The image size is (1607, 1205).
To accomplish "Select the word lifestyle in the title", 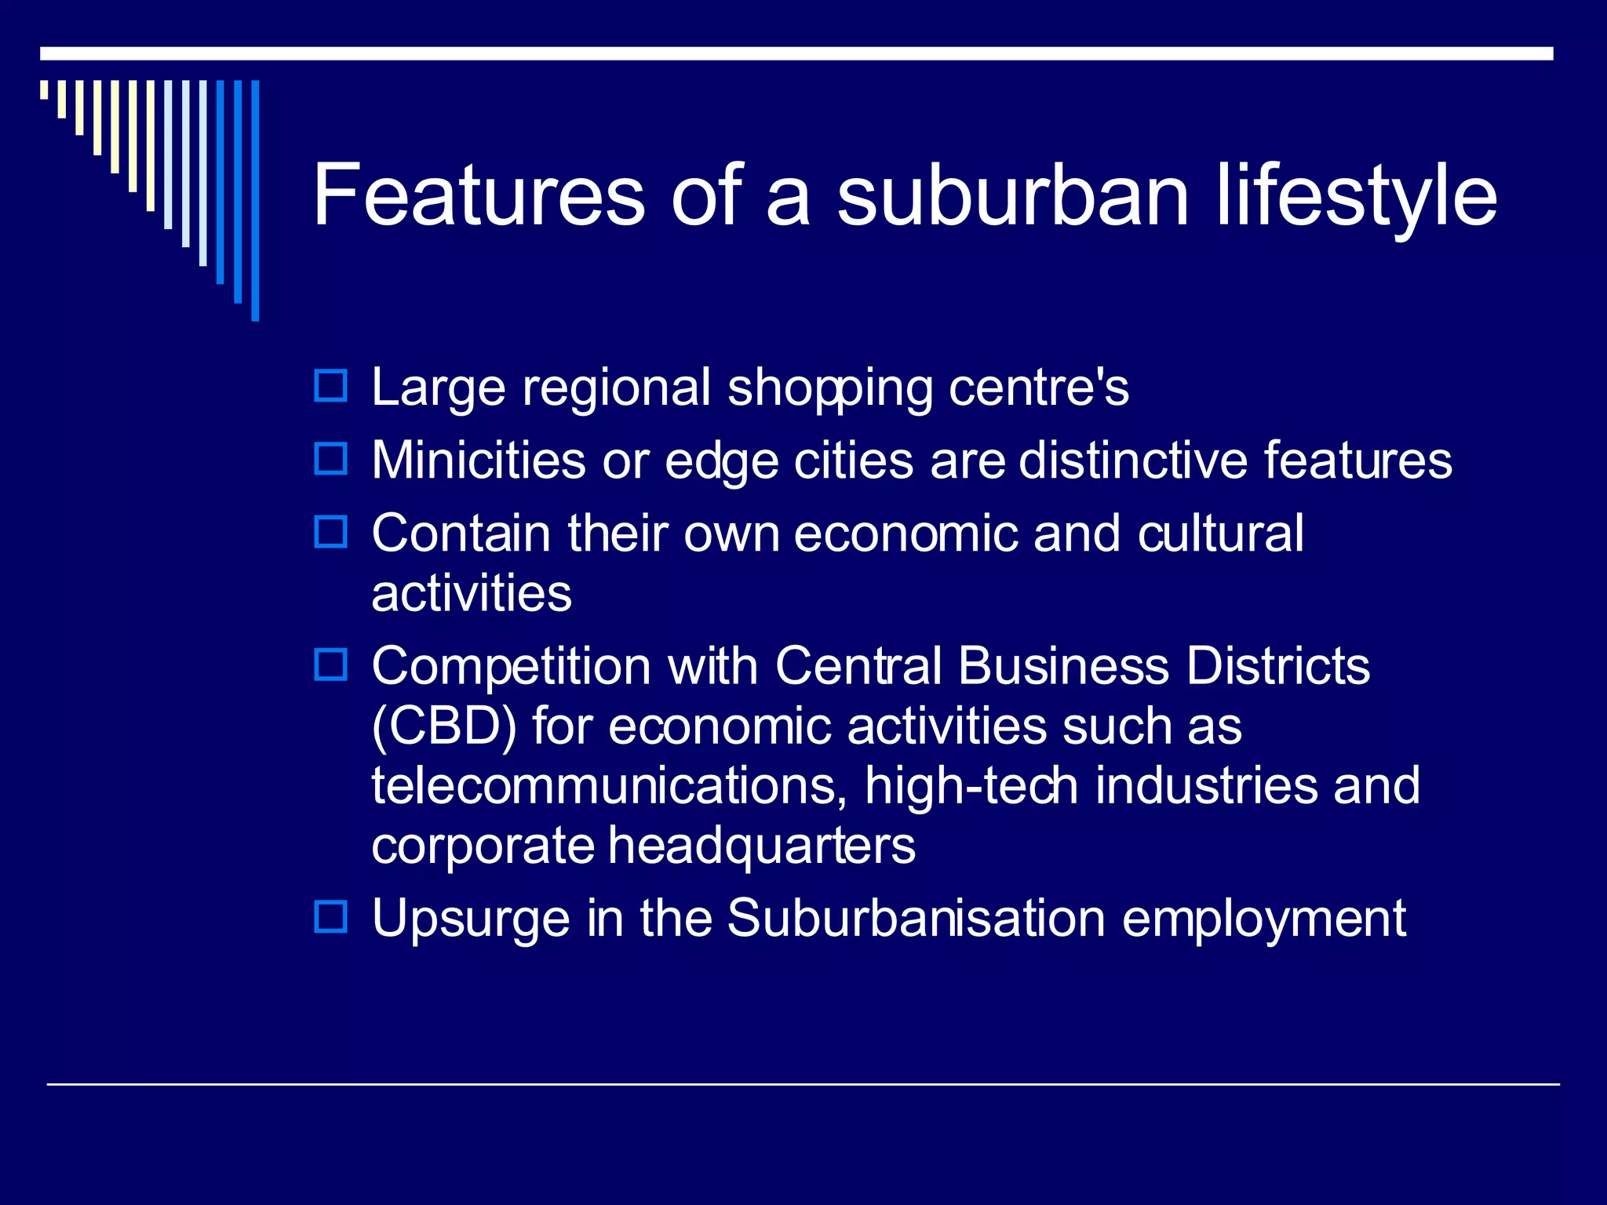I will click(x=1357, y=196).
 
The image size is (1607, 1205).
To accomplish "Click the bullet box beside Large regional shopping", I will click(x=330, y=386).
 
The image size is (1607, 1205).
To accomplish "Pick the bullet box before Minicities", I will click(x=330, y=459).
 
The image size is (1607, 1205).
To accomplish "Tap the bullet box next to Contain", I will click(x=330, y=532).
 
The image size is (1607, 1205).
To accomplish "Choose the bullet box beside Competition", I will click(x=330, y=665).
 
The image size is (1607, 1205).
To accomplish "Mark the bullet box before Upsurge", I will click(x=330, y=916).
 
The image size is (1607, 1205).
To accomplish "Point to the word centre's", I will click(x=1038, y=388).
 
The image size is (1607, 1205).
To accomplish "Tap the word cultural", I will click(x=1220, y=533).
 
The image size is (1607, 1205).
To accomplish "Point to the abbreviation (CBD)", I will click(x=444, y=726).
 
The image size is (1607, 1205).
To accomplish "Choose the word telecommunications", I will click(x=609, y=786).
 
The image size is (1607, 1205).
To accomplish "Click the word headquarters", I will click(x=761, y=846).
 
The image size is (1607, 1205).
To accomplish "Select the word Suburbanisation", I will click(x=916, y=918).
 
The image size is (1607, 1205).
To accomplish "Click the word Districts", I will click(x=1277, y=667).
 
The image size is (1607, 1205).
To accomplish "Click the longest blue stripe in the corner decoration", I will click(x=255, y=200).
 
